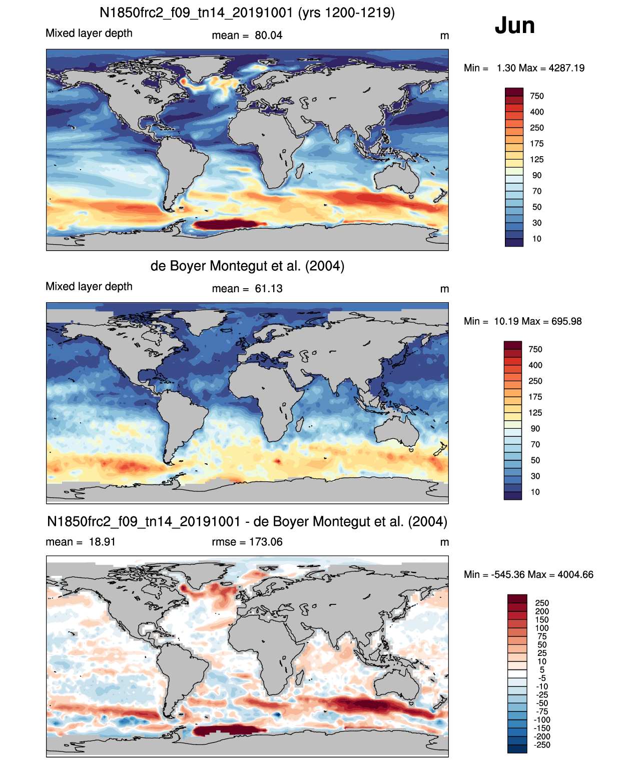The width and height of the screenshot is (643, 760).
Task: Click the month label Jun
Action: (x=514, y=26)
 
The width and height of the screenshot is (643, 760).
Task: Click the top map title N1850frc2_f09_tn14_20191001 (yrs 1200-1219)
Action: (x=247, y=13)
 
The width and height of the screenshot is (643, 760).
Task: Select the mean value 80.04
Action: (x=269, y=36)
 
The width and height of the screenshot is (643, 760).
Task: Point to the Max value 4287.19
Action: (x=566, y=68)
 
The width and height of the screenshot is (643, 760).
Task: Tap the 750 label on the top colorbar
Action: (x=537, y=96)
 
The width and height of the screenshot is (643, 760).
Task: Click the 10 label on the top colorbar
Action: (x=537, y=239)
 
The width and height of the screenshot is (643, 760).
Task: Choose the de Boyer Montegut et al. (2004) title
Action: (x=247, y=266)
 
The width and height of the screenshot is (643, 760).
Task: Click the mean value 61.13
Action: (x=269, y=289)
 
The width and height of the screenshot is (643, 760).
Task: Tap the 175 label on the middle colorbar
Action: (x=535, y=397)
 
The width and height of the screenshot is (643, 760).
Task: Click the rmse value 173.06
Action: (x=266, y=542)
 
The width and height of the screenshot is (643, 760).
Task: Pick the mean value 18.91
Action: (x=102, y=542)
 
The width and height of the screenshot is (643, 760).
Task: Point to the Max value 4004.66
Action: (x=575, y=574)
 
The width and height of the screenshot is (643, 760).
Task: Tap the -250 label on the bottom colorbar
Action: (x=542, y=745)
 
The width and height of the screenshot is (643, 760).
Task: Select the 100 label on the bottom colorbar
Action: (x=542, y=628)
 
